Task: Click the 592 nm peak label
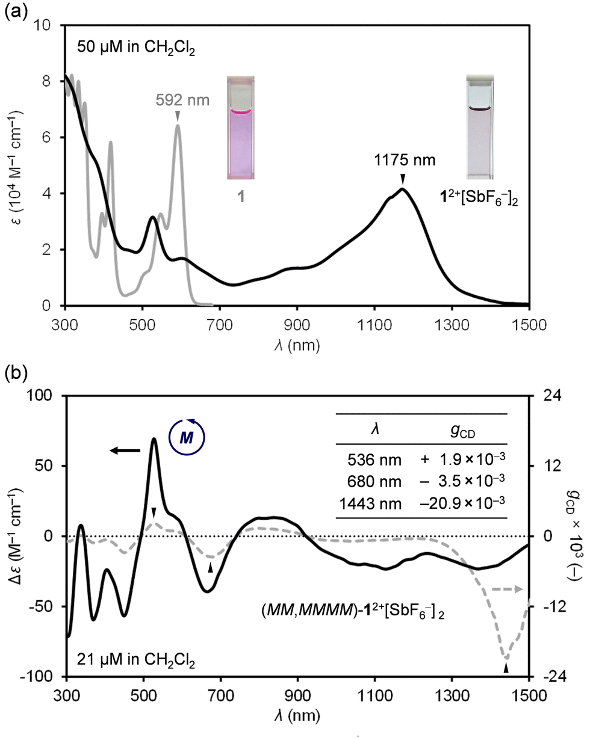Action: [x=182, y=100]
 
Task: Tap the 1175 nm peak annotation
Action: [x=405, y=160]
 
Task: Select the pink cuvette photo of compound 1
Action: [x=241, y=128]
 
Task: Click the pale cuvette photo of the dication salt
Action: [x=480, y=127]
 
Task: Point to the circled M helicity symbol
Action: [x=187, y=438]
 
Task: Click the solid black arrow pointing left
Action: [x=125, y=450]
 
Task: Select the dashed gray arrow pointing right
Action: [x=508, y=589]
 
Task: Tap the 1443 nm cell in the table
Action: [x=370, y=504]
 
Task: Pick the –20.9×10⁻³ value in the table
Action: [x=462, y=503]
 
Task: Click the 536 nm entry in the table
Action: [x=374, y=460]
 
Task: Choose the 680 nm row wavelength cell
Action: [x=374, y=482]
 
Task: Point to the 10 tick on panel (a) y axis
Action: [x=42, y=25]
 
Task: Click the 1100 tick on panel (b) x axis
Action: [x=375, y=696]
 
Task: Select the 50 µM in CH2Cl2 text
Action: [x=136, y=48]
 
